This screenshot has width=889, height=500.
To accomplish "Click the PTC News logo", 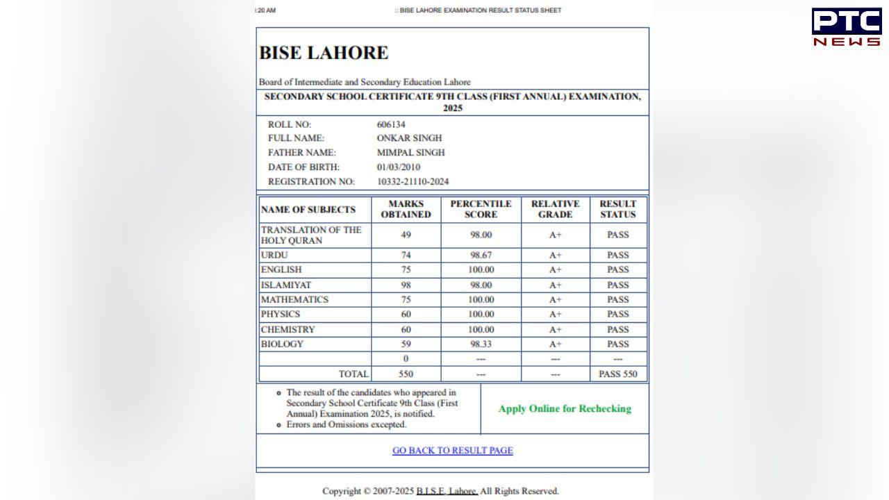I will [x=846, y=27].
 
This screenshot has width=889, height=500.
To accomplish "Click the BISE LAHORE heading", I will [x=324, y=53].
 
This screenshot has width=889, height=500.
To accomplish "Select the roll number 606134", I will [x=391, y=125].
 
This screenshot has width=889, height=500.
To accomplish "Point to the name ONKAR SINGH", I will [x=409, y=138].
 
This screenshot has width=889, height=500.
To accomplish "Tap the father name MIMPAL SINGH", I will [x=410, y=153].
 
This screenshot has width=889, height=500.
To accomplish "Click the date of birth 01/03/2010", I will [x=398, y=167].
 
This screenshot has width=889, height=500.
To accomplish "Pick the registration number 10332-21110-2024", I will [x=413, y=182].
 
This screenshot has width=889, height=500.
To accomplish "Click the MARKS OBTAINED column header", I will [x=406, y=209].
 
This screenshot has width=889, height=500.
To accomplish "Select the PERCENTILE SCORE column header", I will [x=481, y=209].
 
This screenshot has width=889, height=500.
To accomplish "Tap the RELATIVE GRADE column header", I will [x=555, y=209].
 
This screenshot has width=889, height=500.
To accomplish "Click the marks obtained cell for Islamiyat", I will [x=406, y=285].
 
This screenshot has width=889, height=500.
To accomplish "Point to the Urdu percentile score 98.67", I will [x=481, y=256].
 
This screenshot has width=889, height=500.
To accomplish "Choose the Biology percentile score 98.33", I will [x=481, y=344].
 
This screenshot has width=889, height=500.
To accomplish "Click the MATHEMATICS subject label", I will [x=294, y=300].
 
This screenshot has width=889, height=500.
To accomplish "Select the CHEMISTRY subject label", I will [x=288, y=330].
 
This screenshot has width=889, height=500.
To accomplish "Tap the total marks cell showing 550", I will [x=406, y=374].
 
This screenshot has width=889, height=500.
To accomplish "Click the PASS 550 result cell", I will [x=617, y=374].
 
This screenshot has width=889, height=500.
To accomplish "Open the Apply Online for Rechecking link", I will [x=565, y=409].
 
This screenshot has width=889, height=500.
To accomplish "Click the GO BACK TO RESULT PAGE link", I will [x=452, y=451].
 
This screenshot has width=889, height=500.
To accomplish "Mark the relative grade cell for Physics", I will [x=555, y=315].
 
